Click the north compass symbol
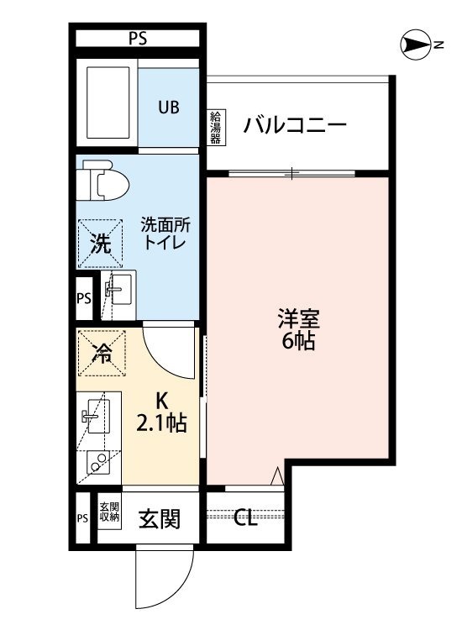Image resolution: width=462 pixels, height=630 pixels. tap(417, 45)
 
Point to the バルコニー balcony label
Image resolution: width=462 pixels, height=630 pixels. tap(295, 127)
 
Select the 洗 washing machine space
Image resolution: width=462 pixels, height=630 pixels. tap(100, 244)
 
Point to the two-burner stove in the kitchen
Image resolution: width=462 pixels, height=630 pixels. tap(97, 465)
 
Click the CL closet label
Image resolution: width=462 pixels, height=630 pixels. tap(245, 518)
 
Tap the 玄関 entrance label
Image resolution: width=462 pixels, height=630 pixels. tap(160, 519)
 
